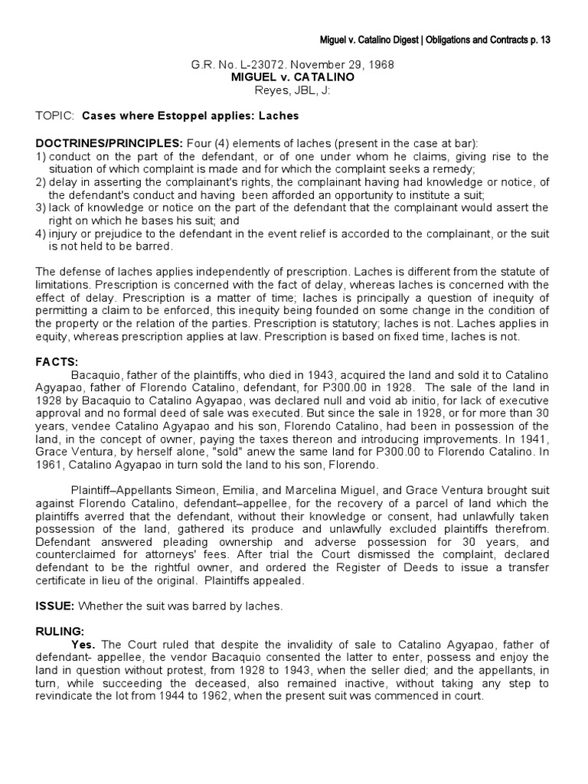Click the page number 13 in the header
pos(544,39)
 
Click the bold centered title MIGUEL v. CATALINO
pos(293,77)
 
